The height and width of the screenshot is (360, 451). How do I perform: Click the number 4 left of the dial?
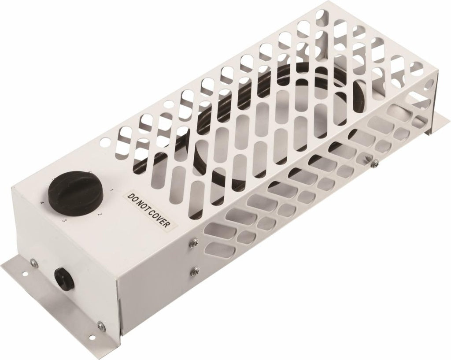pos(42,203)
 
